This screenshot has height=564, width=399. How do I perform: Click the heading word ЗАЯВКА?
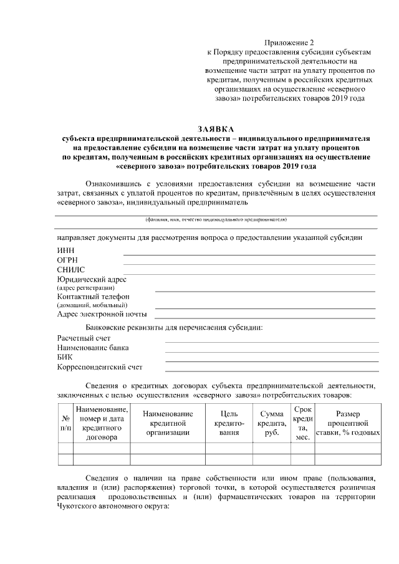216,128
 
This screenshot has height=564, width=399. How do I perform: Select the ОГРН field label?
67,260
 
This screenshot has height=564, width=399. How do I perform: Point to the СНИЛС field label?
70,269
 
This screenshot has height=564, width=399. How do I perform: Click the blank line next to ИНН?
249,254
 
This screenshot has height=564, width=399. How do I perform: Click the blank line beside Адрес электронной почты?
265,317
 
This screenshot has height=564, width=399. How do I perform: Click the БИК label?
65,357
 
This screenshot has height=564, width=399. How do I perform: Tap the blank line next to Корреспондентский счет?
272,371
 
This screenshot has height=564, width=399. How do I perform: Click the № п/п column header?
65,424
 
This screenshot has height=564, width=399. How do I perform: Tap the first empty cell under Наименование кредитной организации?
168,448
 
